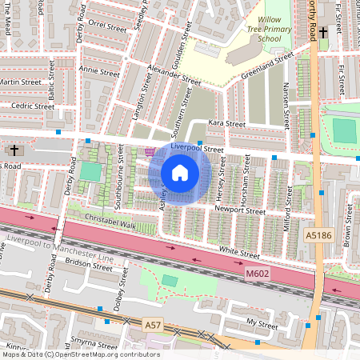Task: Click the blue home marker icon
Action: click(180, 172)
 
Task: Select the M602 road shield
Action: click(257, 274)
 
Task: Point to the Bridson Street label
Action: click(89, 264)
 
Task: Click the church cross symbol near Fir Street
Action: click(323, 33)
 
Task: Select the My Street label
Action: click(262, 323)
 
